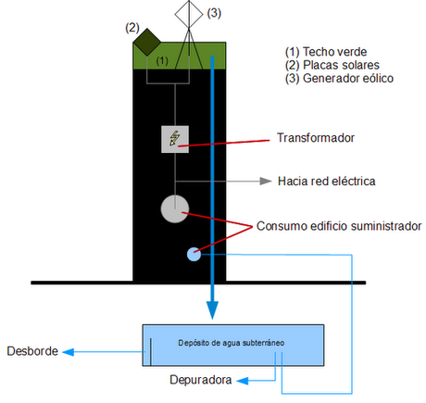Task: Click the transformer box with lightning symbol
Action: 174,138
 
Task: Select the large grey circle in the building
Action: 174,208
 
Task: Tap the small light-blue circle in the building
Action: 194,253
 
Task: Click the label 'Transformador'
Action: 318,139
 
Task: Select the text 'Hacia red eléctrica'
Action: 326,181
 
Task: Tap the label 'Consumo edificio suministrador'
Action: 339,225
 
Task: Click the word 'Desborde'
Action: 32,351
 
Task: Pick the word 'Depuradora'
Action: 200,380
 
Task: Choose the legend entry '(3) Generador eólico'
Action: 341,79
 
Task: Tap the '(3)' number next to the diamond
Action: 214,13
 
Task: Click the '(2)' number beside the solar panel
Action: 132,27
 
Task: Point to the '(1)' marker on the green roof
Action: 162,59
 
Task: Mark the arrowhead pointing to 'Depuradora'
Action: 240,380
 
